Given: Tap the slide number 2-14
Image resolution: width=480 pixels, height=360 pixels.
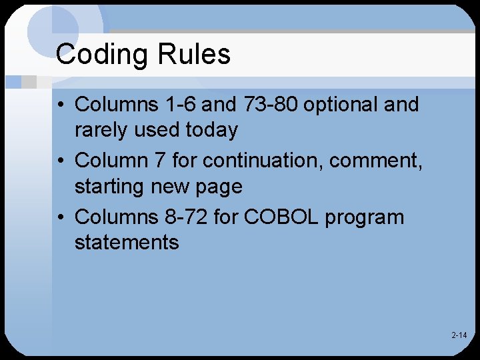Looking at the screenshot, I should (459, 335).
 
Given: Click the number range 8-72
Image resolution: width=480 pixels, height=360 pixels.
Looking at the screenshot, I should (185, 217).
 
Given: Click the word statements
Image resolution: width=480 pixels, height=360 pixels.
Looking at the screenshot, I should (127, 242).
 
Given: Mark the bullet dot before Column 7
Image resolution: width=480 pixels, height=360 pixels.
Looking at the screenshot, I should (61, 161).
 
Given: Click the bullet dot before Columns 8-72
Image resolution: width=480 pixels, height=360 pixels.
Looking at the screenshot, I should (61, 218).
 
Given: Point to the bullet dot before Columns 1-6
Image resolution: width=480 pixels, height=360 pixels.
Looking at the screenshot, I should (61, 105).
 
